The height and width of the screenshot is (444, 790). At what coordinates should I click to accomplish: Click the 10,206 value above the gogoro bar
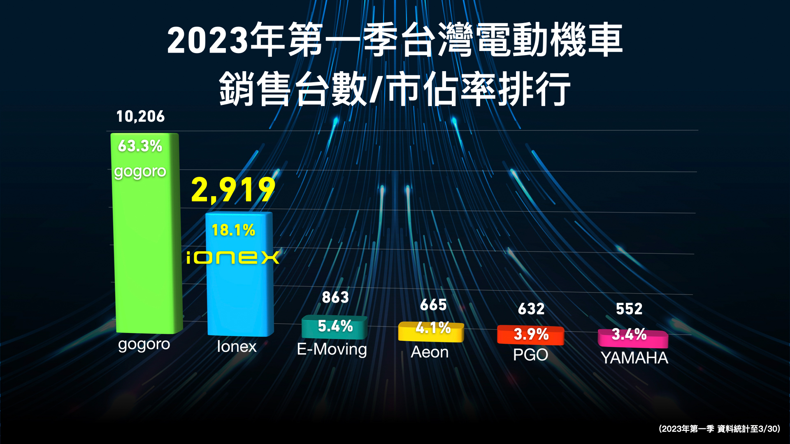click(140, 117)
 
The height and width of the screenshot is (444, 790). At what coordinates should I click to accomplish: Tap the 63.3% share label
click(140, 146)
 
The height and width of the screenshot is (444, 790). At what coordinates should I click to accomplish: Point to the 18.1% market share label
click(233, 230)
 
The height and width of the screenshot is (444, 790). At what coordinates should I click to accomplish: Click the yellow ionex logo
click(233, 258)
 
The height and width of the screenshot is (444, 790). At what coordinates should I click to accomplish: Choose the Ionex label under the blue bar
click(237, 347)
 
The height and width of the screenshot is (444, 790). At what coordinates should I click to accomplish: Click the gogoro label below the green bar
click(144, 345)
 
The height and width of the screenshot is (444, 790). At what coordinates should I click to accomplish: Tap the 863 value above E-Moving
click(335, 297)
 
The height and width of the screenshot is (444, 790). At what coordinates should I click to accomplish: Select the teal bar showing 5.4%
click(335, 327)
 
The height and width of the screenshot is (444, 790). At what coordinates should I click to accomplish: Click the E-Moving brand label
click(332, 349)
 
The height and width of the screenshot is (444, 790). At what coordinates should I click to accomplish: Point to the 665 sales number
click(433, 305)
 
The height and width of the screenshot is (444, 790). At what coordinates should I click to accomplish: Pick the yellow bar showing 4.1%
click(431, 331)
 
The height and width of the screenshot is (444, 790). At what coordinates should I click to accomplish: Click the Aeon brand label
click(430, 352)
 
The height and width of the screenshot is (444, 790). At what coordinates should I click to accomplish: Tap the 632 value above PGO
click(531, 309)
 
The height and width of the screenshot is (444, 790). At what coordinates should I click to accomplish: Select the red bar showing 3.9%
click(531, 335)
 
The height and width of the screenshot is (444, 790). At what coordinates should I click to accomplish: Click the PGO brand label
click(530, 355)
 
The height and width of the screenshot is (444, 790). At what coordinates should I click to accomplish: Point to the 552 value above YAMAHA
click(629, 309)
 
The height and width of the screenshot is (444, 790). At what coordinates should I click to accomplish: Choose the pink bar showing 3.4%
click(633, 338)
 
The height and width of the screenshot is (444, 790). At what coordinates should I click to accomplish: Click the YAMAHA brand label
click(634, 358)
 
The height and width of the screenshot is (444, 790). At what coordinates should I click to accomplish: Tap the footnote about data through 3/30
click(719, 429)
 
